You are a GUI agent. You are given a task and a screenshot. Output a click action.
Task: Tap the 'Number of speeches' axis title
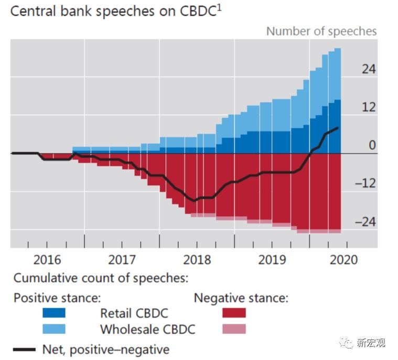(321, 31)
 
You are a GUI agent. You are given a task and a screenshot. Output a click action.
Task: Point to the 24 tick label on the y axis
(369, 69)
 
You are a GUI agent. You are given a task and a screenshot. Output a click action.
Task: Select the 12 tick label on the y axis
(369, 107)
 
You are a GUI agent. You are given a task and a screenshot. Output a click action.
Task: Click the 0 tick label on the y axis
(372, 145)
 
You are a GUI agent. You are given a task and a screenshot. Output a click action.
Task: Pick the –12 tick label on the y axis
(365, 184)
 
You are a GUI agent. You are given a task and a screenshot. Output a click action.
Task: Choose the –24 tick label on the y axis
(365, 222)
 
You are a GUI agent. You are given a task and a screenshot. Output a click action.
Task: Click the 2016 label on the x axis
(47, 260)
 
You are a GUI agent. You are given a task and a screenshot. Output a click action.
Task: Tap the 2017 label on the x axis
(122, 260)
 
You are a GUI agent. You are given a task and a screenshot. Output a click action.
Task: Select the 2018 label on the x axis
(197, 260)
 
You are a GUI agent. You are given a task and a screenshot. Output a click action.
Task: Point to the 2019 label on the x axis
(272, 260)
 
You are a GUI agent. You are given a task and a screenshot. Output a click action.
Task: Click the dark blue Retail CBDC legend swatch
(55, 313)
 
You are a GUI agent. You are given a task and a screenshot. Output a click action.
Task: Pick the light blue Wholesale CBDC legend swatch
(55, 329)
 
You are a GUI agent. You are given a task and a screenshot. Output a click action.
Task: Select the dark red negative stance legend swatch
(234, 313)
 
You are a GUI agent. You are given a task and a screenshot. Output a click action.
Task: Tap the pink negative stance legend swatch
(234, 329)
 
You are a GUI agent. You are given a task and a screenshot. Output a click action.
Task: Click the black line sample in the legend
(23, 349)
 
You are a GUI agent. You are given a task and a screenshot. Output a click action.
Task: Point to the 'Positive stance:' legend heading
(57, 298)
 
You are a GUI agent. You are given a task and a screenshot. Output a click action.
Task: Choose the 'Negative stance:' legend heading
(241, 298)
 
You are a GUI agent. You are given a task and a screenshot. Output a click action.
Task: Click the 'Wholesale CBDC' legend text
(148, 330)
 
